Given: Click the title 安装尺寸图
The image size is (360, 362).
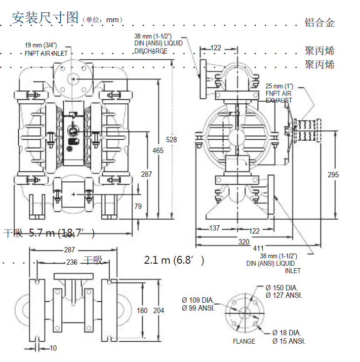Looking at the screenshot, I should (45, 18).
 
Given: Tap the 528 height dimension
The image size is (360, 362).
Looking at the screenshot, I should (171, 140).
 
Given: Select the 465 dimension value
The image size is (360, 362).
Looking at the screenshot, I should (158, 150).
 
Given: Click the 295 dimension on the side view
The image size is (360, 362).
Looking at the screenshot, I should (334, 174).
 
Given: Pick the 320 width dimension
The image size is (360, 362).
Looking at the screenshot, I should (243, 242).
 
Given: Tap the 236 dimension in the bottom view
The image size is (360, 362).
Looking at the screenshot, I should (72, 262).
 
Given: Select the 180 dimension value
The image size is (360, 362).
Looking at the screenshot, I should (142, 311).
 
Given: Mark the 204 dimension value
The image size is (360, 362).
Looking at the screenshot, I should (159, 311).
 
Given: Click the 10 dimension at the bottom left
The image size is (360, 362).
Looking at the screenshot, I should (53, 348).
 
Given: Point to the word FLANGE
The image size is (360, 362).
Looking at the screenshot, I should (244, 341).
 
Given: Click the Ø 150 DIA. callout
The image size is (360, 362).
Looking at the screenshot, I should (283, 287).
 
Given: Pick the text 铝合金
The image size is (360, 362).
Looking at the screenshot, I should (320, 23).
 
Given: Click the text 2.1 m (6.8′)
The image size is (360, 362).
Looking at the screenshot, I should (174, 260).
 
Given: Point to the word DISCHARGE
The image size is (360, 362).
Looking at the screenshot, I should (151, 51).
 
